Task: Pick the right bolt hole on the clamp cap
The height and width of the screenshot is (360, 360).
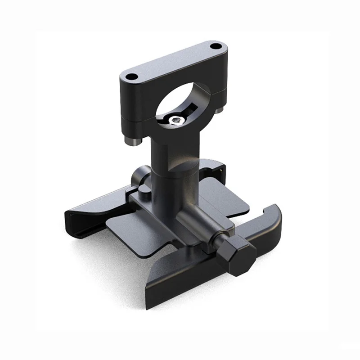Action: [216, 46]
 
